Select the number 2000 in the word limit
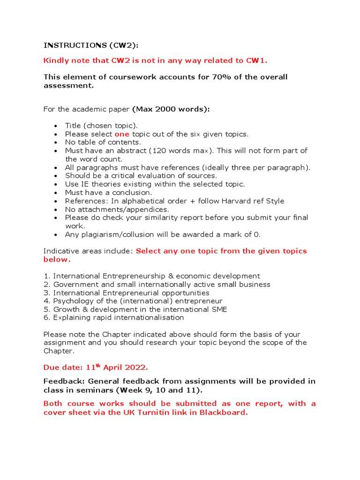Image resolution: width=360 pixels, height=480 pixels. pyautogui.click(x=164, y=109)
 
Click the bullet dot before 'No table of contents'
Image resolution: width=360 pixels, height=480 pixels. pyautogui.click(x=56, y=142)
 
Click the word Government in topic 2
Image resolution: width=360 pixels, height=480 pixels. pyautogui.click(x=73, y=284)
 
